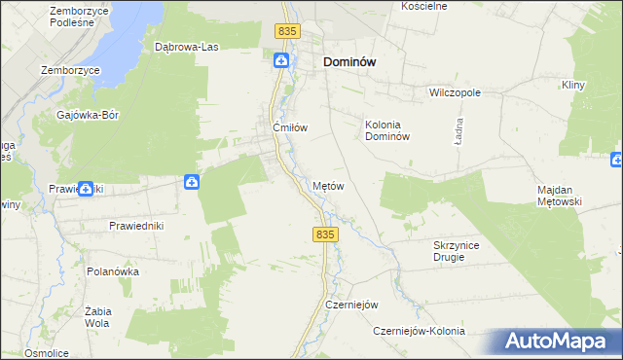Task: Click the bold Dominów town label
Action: (349, 61)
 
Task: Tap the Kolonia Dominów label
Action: (389, 130)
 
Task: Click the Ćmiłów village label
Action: (290, 127)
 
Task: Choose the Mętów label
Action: (329, 185)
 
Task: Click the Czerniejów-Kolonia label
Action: (420, 332)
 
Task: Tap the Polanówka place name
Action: (113, 271)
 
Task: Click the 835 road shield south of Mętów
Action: (325, 234)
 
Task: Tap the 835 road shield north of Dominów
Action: (285, 32)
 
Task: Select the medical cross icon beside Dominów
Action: (281, 61)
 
